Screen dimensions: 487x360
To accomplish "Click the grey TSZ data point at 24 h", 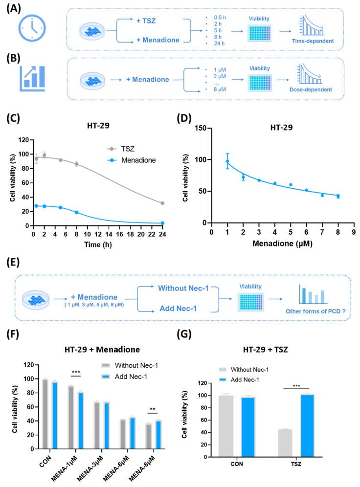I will pyautogui.click(x=162, y=203).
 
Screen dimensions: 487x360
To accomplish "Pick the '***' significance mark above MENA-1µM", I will pyautogui.click(x=76, y=372).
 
